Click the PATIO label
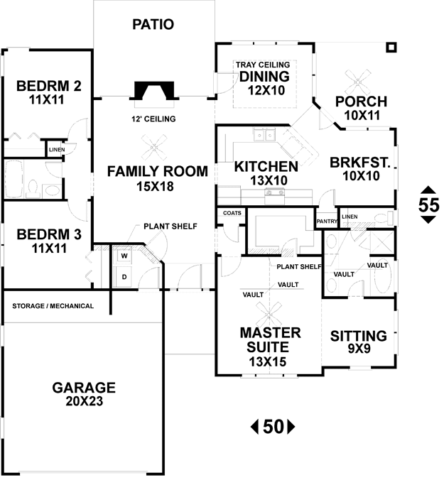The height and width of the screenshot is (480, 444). point(153,24)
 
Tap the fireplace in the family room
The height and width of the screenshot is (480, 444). point(154,91)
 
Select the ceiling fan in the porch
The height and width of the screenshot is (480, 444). point(357,82)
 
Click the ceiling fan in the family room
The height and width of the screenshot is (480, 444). point(154,148)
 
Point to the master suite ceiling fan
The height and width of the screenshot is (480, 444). point(269,314)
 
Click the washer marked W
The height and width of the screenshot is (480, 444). point(124,256)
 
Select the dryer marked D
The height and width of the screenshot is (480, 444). point(124,277)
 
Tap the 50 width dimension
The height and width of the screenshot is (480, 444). point(273,427)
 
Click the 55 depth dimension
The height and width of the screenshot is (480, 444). point(428,205)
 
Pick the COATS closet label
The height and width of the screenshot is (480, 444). point(232,213)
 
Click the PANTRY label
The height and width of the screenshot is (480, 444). point(327,221)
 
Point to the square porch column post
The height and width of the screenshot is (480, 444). point(391,48)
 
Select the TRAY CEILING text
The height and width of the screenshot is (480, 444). point(263,65)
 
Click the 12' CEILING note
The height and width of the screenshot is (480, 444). point(153,119)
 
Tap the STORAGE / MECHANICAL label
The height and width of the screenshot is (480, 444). point(53,306)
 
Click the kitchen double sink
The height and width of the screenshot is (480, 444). point(264,135)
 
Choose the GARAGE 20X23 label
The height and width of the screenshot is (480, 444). point(84,394)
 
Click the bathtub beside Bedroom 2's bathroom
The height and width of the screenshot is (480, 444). point(14,179)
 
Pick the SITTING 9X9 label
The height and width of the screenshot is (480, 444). point(359,342)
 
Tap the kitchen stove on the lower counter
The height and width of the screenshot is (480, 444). point(275,196)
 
